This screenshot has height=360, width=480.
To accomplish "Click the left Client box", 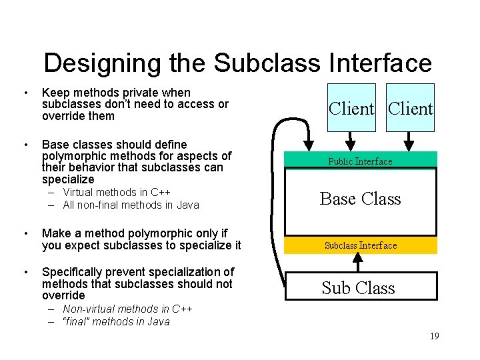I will (351, 108).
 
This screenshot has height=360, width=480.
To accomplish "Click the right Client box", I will (410, 108).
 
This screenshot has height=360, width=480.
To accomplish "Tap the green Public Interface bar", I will (360, 161).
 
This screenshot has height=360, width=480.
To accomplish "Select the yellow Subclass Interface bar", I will (361, 245).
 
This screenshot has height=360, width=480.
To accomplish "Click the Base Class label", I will (360, 199).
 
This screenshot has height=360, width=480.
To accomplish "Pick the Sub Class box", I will (359, 287).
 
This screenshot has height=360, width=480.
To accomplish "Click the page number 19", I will (434, 337).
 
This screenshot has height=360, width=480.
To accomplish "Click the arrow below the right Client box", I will (411, 141).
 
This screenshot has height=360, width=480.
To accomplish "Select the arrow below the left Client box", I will (351, 141).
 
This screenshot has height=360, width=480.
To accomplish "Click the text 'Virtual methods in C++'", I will (117, 193).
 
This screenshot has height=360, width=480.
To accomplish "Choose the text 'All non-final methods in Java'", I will (131, 205).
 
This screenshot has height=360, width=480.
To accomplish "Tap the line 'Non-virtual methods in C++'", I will (127, 309).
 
